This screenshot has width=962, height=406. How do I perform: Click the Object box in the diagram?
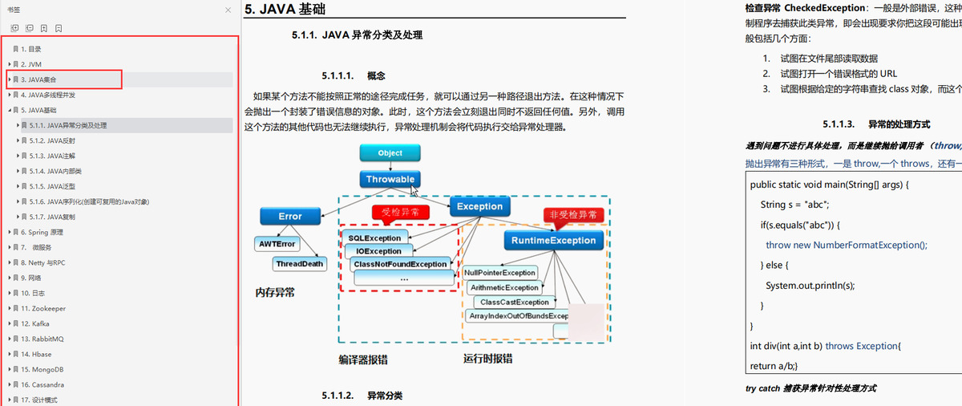coord(390,152)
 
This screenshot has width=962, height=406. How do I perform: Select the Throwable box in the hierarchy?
coord(390,179)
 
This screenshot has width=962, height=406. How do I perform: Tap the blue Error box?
coord(289,216)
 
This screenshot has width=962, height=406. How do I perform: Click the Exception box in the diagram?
coord(479,206)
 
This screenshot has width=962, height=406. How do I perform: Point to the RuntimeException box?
coord(551,240)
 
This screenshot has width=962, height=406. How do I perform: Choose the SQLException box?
coord(374,238)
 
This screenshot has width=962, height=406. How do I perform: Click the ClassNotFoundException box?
coord(399,263)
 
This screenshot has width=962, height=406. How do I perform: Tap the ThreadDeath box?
coord(299,263)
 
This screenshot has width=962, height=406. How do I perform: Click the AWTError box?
coord(277,242)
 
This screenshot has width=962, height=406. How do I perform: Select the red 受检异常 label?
coord(401,213)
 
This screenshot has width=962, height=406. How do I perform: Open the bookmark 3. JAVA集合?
coord(44,79)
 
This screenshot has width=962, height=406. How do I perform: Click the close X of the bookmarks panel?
coord(228,10)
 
